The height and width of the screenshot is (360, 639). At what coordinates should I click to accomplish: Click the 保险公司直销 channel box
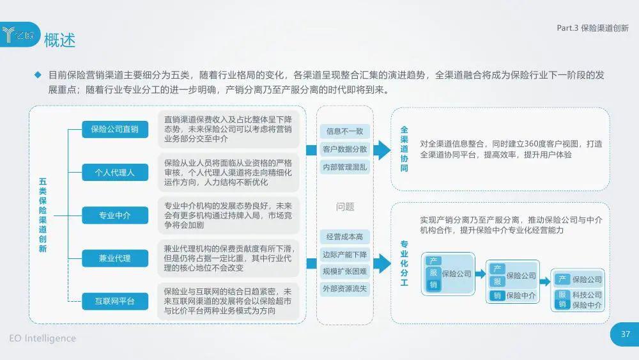[x=115, y=129]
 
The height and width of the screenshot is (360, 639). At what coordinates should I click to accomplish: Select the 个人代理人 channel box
[x=115, y=173]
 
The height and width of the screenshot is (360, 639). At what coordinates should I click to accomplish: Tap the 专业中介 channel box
[x=115, y=215]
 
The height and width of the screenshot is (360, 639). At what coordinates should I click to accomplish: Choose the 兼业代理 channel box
[x=115, y=258]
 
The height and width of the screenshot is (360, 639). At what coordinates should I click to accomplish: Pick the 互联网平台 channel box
[x=115, y=301]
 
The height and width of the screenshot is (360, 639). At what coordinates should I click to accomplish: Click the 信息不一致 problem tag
[x=345, y=131]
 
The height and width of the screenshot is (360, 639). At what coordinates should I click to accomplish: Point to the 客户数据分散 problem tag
[x=345, y=149]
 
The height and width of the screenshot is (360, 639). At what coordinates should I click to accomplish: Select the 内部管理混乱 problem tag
[x=345, y=167]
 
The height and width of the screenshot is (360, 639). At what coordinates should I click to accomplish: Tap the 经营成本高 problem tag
[x=345, y=237]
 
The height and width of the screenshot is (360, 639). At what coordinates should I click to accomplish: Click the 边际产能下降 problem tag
[x=345, y=254]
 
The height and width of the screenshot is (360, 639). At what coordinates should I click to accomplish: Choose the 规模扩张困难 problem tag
[x=345, y=272]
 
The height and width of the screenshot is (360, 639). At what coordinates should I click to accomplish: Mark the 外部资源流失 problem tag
[x=345, y=288]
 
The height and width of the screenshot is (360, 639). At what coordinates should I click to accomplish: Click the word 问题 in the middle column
[x=345, y=207]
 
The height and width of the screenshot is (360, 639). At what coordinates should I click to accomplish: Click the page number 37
[x=626, y=334]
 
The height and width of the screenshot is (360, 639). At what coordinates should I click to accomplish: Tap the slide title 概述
[x=59, y=40]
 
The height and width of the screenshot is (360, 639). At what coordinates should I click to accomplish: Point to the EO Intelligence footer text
[x=42, y=338]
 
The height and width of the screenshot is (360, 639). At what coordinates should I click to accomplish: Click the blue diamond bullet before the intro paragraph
[x=38, y=75]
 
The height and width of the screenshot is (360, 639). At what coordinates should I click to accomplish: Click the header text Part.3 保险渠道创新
[x=592, y=27]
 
